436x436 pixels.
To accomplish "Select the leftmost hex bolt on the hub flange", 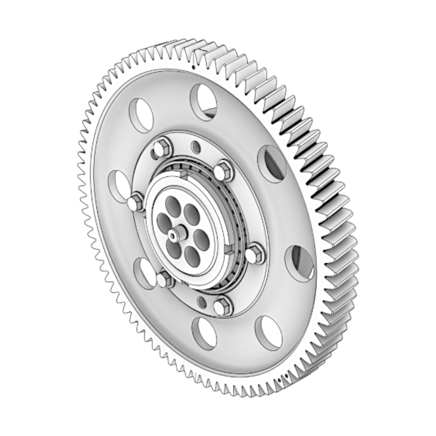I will [135, 201].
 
